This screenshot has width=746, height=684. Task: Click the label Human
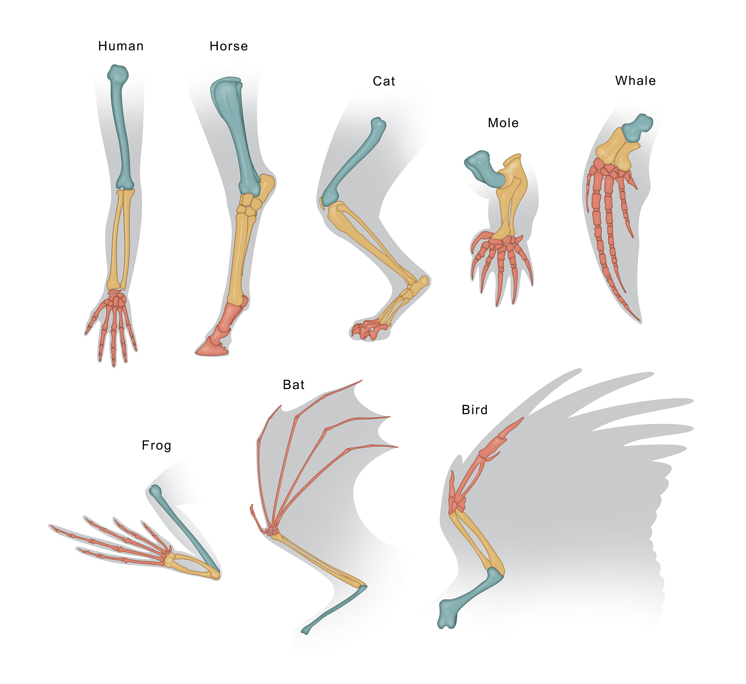coord(121,46)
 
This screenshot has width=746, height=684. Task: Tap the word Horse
coord(229,46)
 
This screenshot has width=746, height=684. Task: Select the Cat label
coord(384,81)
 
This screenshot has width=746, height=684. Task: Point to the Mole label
coord(503,123)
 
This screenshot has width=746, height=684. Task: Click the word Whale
coord(635,81)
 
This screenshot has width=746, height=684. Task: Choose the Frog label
coord(157,445)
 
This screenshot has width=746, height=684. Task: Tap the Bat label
coord(294,385)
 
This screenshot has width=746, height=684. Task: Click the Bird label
coord(475,410)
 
